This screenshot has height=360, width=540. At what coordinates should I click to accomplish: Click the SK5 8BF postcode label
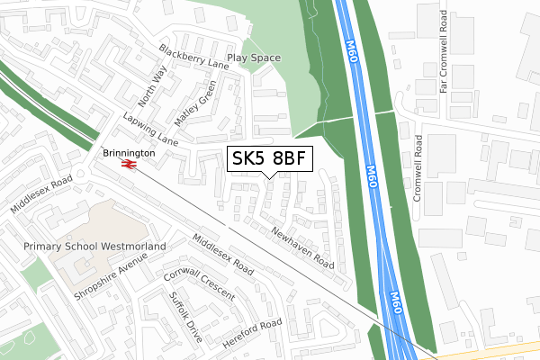[270, 159]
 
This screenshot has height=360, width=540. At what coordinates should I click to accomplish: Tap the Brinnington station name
[129, 154]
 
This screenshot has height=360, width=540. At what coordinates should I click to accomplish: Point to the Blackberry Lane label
[193, 56]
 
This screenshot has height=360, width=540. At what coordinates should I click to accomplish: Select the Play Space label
[254, 58]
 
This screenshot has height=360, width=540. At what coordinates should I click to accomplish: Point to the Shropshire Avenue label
[111, 277]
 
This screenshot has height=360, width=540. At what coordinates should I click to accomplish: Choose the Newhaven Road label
[302, 248]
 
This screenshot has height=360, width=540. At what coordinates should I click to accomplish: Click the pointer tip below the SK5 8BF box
[270, 176]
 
